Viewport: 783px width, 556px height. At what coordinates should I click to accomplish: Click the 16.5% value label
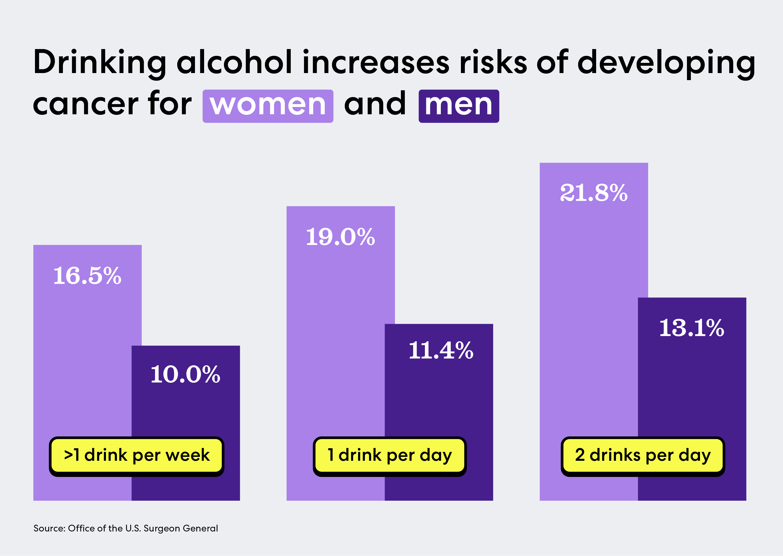(x=87, y=276)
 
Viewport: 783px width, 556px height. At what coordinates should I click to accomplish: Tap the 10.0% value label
(x=185, y=375)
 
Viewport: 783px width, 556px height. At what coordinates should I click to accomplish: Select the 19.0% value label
(x=340, y=237)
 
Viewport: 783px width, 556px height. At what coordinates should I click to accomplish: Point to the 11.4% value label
(x=441, y=351)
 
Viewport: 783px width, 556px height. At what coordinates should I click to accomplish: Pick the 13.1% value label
(x=692, y=328)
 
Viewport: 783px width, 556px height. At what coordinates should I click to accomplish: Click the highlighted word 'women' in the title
(x=268, y=105)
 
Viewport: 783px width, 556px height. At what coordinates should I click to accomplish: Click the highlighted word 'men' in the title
(x=459, y=105)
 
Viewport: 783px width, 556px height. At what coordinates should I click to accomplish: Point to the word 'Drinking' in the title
(x=100, y=63)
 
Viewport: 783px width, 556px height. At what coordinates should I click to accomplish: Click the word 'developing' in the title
(x=666, y=63)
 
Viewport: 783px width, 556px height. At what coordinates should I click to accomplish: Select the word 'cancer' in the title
(x=86, y=105)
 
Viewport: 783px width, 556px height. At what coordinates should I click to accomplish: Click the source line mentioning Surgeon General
(x=126, y=528)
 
